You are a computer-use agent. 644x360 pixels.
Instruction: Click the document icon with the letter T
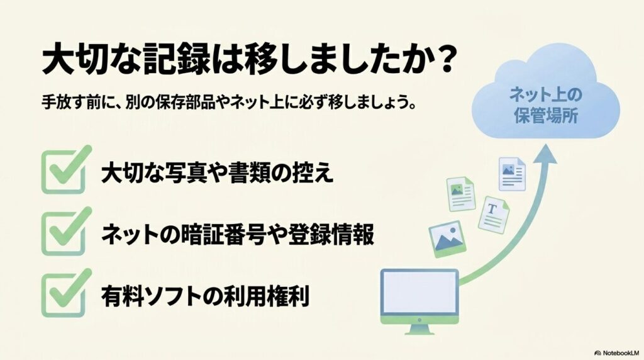click(493, 213)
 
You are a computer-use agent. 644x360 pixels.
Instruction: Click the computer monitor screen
click(419, 293)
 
